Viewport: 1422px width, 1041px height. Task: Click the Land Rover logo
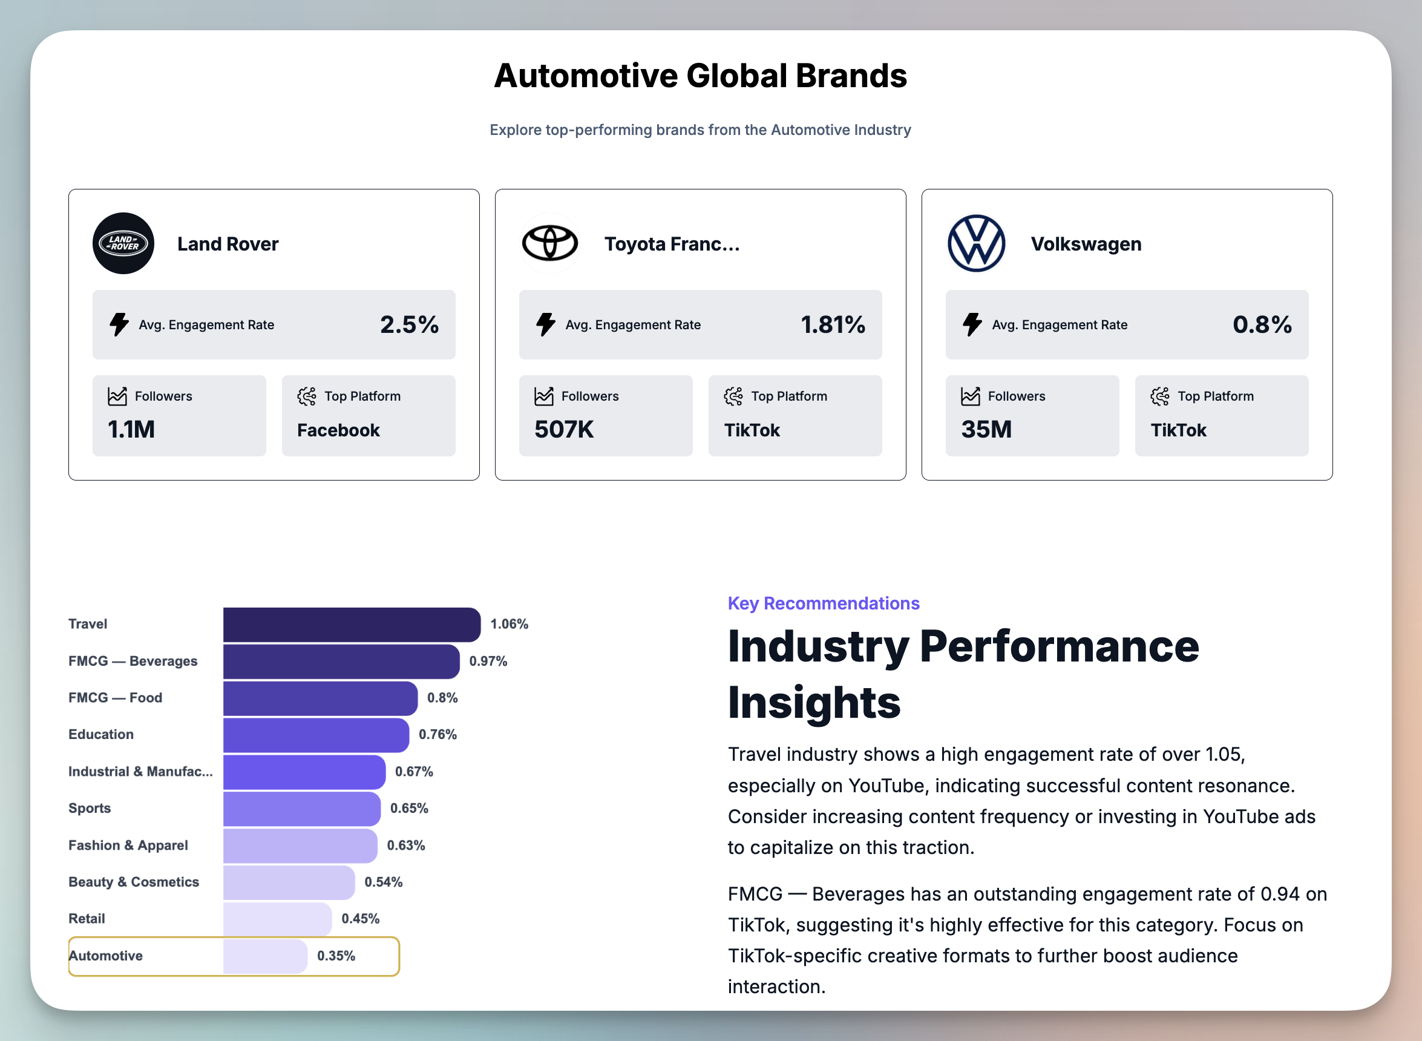click(123, 243)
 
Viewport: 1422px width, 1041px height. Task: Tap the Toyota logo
click(550, 243)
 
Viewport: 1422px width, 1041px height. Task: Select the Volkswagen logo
click(977, 243)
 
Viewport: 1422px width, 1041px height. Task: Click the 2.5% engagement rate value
click(409, 324)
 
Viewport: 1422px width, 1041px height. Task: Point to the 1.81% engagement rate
click(832, 324)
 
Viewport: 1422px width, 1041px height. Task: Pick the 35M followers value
click(986, 430)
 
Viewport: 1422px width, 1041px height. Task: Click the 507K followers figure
click(564, 430)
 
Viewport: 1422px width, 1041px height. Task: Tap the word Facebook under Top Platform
click(338, 430)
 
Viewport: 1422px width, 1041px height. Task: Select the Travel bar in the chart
click(351, 625)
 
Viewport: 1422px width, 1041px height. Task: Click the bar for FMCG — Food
click(319, 698)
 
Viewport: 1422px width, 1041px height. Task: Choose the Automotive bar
click(264, 956)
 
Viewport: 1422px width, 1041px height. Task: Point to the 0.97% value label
click(488, 661)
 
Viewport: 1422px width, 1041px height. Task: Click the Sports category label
click(90, 808)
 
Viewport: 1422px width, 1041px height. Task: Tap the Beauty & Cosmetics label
click(134, 882)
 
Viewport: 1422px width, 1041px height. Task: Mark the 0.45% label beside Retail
click(361, 919)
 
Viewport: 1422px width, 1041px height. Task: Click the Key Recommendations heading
click(824, 603)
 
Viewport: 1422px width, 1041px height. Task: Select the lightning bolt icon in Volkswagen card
click(972, 324)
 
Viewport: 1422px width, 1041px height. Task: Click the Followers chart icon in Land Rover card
click(117, 396)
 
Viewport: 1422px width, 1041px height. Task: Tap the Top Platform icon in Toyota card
click(733, 396)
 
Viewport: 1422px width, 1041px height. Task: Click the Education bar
click(316, 735)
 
